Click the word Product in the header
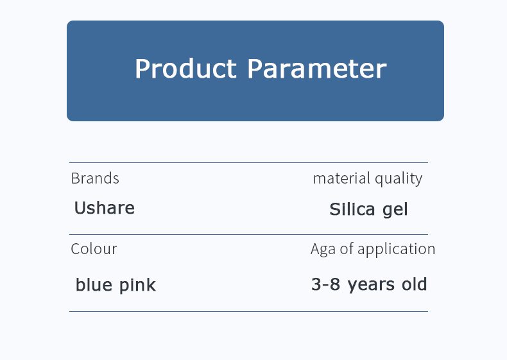185,68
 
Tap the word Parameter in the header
317,68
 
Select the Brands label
95,178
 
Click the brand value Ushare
105,208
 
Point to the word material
341,178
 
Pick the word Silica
352,209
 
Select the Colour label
94,249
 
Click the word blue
94,285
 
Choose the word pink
138,286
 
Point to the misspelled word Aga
323,250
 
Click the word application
397,250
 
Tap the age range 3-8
325,284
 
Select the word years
371,286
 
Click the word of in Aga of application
347,249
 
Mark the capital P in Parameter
255,68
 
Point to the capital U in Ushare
82,208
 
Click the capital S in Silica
335,209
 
